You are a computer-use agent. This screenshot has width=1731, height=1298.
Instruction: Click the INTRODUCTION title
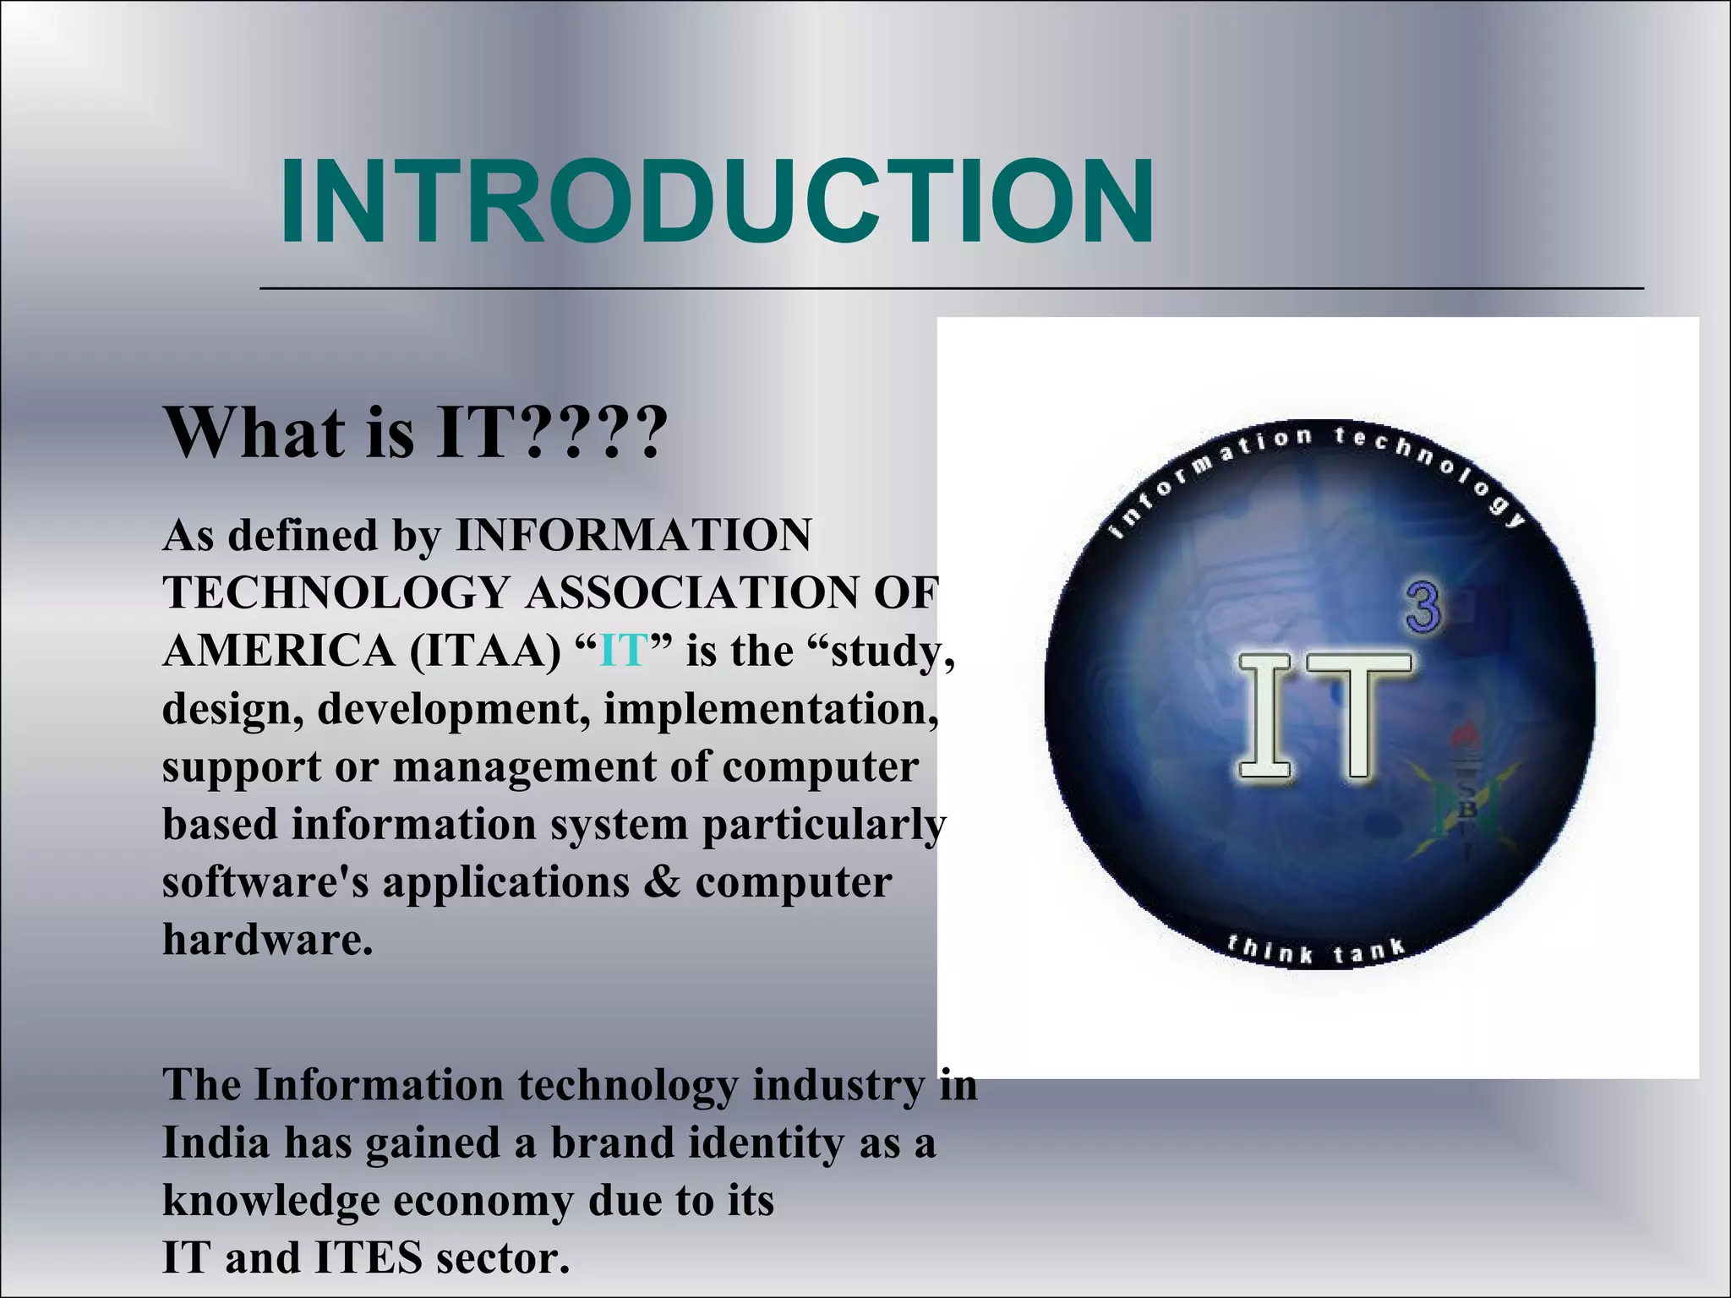point(716,203)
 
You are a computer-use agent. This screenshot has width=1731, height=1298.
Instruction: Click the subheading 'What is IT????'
point(414,433)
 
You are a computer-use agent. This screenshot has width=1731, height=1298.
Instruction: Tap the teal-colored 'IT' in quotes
point(624,652)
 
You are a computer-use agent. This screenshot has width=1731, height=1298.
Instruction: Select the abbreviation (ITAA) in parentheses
point(485,652)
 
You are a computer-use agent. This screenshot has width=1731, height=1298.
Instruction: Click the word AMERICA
point(279,652)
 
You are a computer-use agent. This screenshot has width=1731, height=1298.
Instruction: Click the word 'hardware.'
point(267,939)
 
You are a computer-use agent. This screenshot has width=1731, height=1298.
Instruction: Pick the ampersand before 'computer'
point(662,882)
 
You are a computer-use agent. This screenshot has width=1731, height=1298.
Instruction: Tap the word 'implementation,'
point(770,708)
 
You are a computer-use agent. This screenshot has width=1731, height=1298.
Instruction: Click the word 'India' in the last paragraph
point(215,1143)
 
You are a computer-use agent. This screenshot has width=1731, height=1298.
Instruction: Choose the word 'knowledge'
point(270,1201)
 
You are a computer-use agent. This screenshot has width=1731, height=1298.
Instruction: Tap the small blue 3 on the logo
point(1423,608)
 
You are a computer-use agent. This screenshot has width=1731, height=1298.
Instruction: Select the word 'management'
point(524,766)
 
